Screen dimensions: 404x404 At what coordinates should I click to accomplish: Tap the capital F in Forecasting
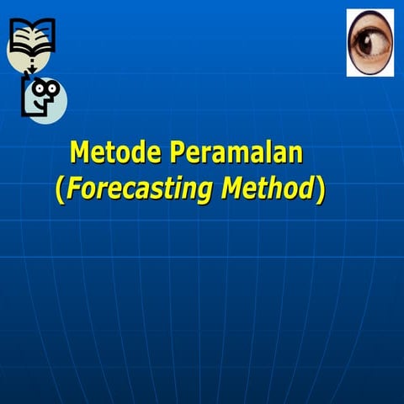pos(74,189)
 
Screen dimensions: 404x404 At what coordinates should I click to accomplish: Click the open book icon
pos(32,35)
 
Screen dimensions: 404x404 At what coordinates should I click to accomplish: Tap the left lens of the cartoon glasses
pos(40,88)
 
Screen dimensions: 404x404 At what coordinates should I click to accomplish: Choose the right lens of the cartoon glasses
pos(52,87)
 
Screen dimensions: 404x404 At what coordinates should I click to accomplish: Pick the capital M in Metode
pos(80,153)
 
